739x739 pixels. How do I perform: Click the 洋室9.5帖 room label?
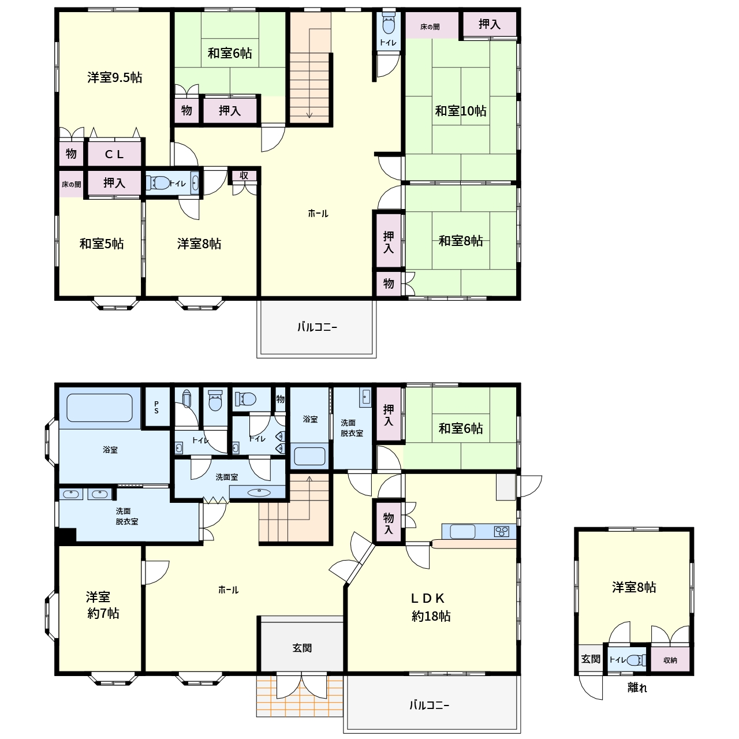point(115,77)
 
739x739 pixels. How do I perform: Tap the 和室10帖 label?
point(461,111)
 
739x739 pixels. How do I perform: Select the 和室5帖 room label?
point(101,244)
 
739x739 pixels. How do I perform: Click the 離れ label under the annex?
point(637,688)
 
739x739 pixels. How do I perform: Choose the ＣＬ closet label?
point(114,154)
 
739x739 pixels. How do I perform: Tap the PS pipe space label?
point(156,407)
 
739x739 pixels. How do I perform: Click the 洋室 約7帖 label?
point(102,605)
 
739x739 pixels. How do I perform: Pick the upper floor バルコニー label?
point(317,327)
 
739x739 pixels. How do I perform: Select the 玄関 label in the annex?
point(591,659)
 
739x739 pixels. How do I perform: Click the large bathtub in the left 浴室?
point(100,408)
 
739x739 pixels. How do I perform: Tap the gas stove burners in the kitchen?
point(502,532)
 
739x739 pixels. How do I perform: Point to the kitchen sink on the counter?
point(462,532)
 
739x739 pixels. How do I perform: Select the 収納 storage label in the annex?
point(670,660)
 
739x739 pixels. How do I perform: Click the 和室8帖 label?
point(461,241)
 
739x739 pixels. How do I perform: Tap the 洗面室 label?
point(227,477)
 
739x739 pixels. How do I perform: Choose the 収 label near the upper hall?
point(244,176)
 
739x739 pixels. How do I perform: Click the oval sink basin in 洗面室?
point(259,493)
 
